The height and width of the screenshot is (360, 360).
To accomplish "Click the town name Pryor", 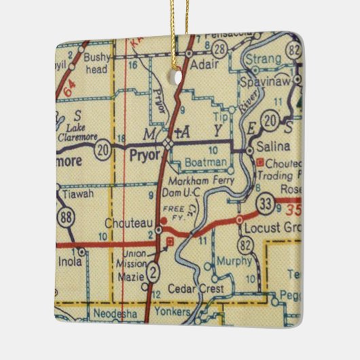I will [143, 155].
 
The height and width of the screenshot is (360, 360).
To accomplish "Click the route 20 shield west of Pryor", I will [103, 148].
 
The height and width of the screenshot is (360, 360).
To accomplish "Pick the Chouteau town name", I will [131, 222].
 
